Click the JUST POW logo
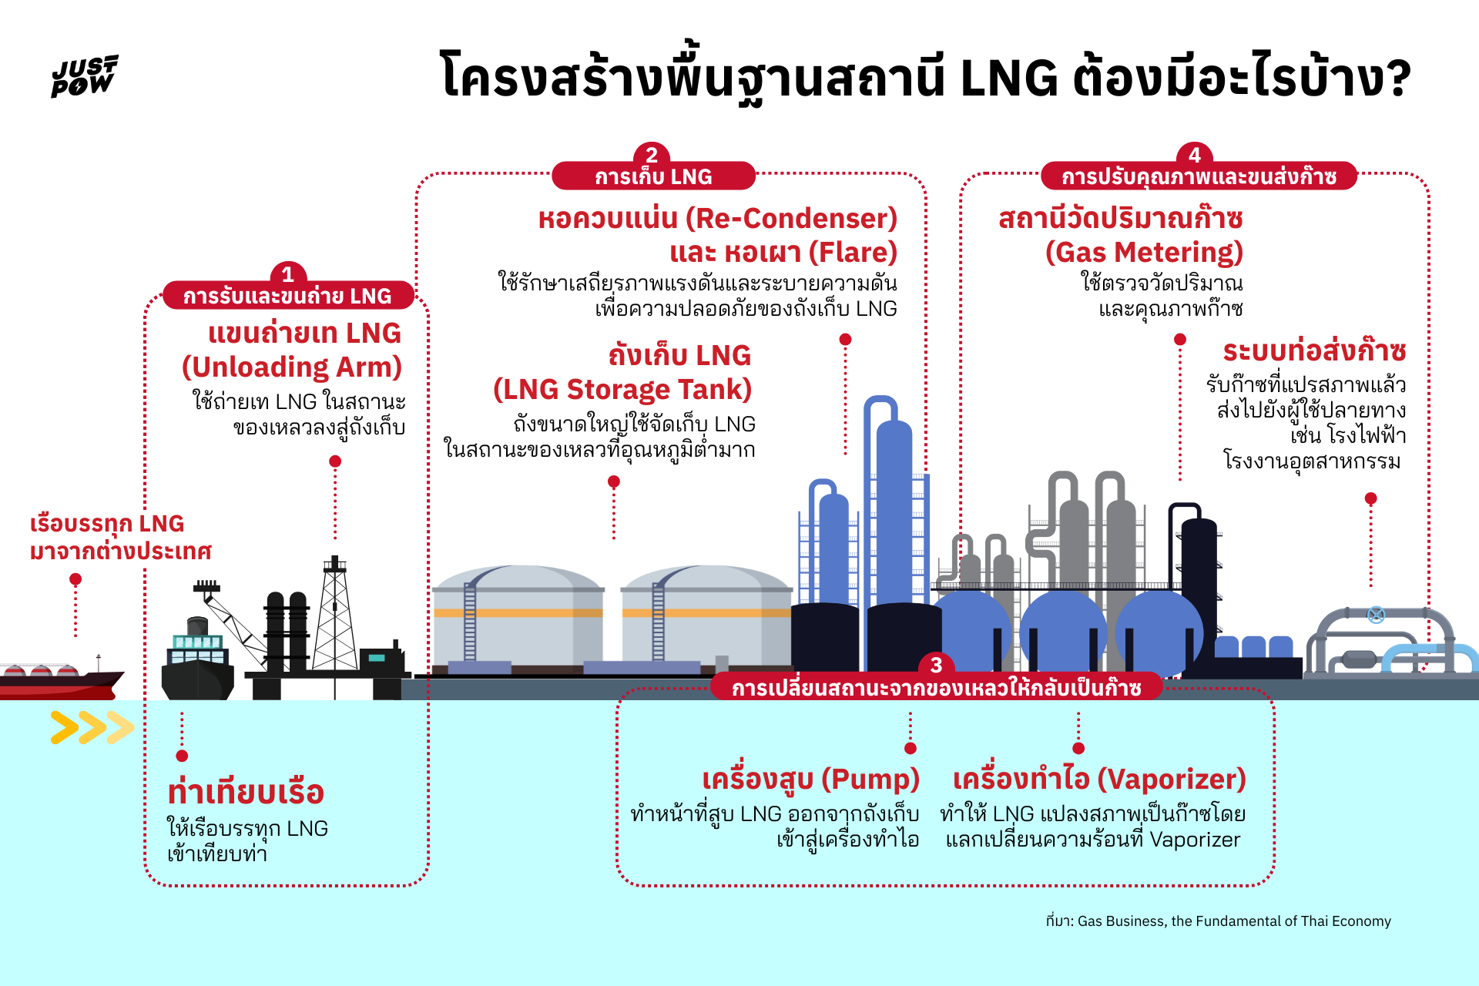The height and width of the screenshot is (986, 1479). tap(84, 75)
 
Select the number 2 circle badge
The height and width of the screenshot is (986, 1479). tap(652, 155)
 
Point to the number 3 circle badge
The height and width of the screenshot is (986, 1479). tap(936, 665)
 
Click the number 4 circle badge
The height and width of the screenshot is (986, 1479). tap(1195, 155)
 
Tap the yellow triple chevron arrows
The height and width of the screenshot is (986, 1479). tap(92, 728)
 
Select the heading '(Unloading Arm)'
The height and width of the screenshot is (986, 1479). tap(292, 367)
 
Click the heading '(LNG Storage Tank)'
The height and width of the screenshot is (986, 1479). tap(622, 390)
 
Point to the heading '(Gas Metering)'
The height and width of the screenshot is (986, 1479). tap(1144, 253)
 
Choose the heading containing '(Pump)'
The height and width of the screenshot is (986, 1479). tap(810, 780)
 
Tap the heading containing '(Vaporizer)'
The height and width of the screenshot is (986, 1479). tap(1099, 780)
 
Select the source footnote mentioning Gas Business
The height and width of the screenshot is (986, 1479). tap(1218, 921)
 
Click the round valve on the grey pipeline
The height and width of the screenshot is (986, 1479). tap(1376, 615)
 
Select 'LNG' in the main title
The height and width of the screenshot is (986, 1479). tap(1009, 79)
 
